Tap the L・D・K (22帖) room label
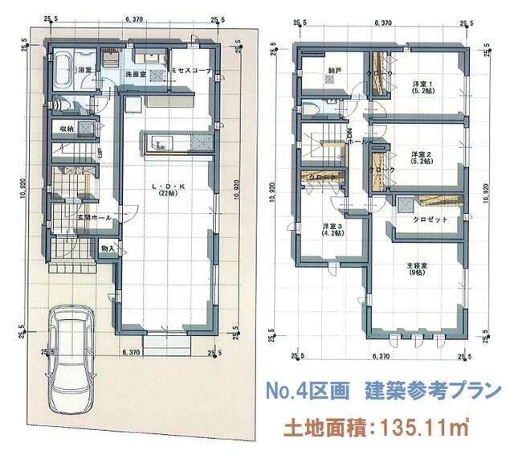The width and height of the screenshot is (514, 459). pos(169,190)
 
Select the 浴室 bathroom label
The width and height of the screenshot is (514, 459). pos(85,72)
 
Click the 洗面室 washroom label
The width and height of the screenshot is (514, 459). pos(134,76)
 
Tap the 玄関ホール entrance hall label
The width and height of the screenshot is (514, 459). pos(92,218)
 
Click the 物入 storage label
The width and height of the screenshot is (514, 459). pos(107,249)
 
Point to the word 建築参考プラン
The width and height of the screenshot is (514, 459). pos(430,391)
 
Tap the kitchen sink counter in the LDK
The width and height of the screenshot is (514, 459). pos(167,143)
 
